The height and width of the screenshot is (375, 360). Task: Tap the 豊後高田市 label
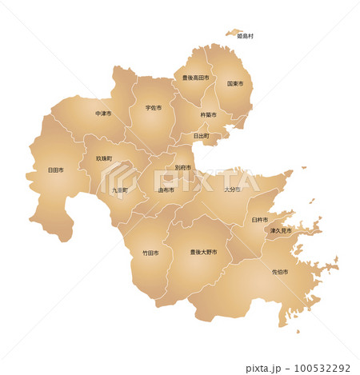point(195,78)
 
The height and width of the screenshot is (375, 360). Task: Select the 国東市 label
point(235,83)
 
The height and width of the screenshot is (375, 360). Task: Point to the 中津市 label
point(103,114)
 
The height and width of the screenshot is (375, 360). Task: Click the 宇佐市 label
point(154,107)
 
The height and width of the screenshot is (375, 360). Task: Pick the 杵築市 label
point(209,115)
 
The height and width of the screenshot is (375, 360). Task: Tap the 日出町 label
point(201,136)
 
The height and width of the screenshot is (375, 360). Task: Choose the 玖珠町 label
point(104,159)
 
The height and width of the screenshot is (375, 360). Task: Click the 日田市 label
point(56,170)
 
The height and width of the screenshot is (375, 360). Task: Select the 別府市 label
point(182,168)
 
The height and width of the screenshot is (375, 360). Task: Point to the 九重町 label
point(120,190)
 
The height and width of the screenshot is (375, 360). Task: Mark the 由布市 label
point(166,190)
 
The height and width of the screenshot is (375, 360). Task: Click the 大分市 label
point(232,189)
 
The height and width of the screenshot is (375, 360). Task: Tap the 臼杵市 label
point(260,219)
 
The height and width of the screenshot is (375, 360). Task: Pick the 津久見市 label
point(281,230)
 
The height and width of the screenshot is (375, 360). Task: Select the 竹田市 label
point(150,253)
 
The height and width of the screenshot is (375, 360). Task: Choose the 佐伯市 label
point(280,272)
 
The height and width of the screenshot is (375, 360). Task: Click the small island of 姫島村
point(235,33)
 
